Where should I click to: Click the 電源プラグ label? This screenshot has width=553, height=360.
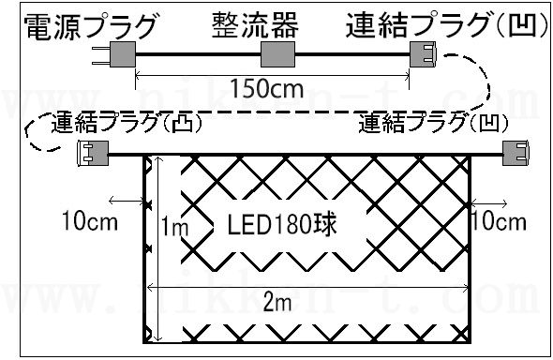90,27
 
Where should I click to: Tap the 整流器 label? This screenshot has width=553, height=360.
255,24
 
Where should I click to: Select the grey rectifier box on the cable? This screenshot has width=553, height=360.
277,54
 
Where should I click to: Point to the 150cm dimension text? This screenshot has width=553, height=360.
266,88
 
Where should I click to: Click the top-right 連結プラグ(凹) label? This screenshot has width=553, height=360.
446,24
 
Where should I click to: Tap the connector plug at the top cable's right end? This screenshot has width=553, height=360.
423,54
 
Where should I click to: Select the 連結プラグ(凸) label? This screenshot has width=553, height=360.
127,122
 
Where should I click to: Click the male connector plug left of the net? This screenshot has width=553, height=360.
93,154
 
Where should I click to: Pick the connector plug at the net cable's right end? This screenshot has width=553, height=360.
516,153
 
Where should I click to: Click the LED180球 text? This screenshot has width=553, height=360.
282,225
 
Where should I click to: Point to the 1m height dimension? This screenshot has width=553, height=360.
174,226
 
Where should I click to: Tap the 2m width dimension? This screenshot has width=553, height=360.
277,302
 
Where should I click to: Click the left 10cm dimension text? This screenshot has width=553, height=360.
90,221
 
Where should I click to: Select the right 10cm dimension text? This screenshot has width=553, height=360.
499,221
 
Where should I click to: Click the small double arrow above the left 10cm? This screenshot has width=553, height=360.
127,202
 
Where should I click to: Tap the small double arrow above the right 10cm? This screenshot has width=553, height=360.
489,203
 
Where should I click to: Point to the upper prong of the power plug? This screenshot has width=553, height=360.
101,48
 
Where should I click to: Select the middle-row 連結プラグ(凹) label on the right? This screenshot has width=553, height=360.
433,124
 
